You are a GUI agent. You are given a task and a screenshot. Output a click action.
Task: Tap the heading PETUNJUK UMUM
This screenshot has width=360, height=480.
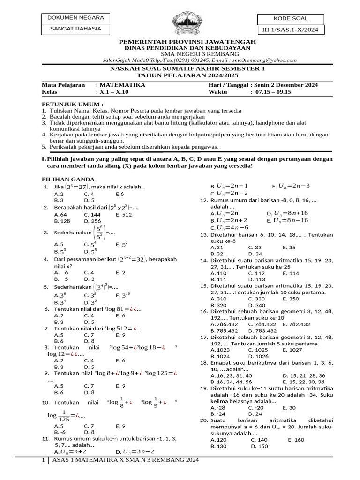(x=72, y=104)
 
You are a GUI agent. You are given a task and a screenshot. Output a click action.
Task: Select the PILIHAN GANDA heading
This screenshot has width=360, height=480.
(x=68, y=179)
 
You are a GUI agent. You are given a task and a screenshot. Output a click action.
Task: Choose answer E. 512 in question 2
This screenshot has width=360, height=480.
(x=124, y=214)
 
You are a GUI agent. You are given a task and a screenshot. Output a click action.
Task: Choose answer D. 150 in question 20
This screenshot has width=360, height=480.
(x=259, y=446)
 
